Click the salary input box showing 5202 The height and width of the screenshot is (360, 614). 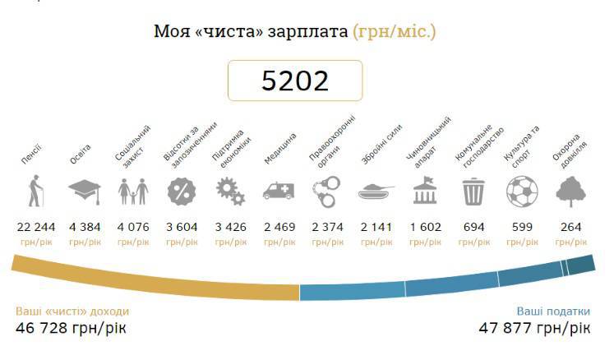point(295,81)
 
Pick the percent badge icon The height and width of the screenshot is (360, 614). point(182,193)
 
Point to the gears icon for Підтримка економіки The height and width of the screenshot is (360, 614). point(230,193)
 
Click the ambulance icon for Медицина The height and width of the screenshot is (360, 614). point(279,193)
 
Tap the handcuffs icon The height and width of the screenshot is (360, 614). point(328,193)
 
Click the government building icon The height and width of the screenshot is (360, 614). point(425,193)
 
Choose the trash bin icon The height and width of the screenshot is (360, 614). point(473,193)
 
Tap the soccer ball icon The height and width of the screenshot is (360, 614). point(522,193)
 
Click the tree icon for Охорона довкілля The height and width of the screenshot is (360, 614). point(571,193)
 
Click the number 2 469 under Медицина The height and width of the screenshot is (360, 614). point(279,227)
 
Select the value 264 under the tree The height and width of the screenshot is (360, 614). point(571,227)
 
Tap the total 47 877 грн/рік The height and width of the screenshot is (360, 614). point(534,328)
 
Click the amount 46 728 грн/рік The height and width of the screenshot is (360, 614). point(71,328)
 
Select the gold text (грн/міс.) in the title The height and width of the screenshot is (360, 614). point(395,33)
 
